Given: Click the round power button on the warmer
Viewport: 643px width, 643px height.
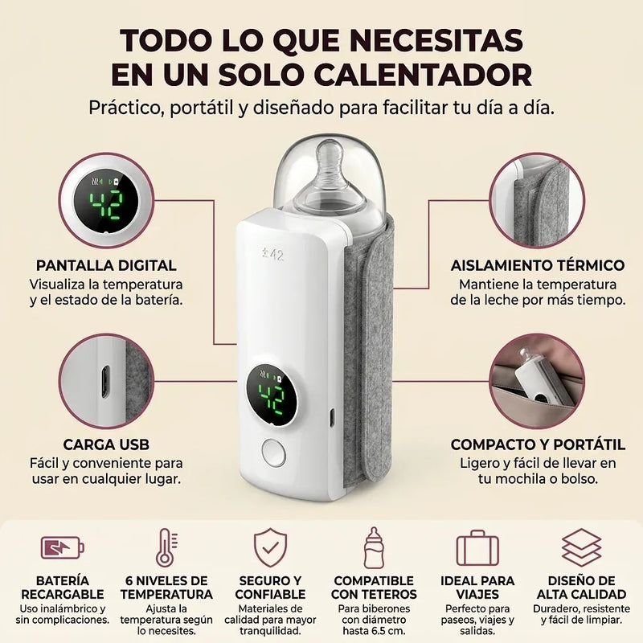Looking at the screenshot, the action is click(x=273, y=452).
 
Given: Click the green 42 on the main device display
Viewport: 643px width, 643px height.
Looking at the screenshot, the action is click(x=271, y=396).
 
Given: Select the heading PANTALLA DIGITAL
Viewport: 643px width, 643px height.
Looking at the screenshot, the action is click(x=106, y=265).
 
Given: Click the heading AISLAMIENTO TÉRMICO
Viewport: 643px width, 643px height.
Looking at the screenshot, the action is click(x=538, y=265).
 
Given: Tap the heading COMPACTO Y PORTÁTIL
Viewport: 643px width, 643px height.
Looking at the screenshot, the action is click(x=538, y=444).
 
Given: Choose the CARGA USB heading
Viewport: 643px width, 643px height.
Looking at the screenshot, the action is click(x=106, y=444).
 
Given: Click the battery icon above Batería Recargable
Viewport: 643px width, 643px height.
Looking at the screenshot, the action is click(x=63, y=547).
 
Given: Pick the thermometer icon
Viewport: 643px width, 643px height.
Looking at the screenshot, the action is click(x=166, y=547).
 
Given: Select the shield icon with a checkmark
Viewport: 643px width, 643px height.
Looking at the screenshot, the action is click(x=270, y=547).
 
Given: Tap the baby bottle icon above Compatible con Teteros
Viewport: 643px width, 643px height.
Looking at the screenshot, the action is click(x=374, y=548).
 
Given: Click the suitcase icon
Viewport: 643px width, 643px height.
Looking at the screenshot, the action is click(x=477, y=548).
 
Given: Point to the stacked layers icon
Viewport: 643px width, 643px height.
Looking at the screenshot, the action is click(x=581, y=547).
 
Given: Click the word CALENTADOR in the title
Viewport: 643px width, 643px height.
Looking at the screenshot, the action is click(x=423, y=74).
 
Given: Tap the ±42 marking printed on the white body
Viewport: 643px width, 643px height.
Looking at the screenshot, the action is click(x=272, y=255).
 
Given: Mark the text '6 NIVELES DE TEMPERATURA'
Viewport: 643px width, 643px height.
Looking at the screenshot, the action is click(x=166, y=588).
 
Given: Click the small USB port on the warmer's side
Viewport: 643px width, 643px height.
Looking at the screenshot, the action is click(x=332, y=418).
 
